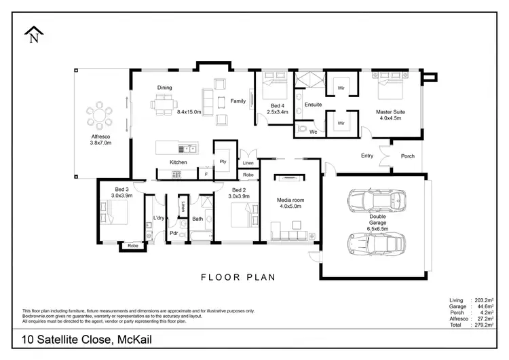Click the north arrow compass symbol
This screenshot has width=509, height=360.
33,35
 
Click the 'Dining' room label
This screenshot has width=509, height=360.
164,88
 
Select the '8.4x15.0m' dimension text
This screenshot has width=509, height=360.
189,112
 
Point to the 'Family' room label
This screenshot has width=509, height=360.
238,101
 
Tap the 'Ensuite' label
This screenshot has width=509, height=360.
313,105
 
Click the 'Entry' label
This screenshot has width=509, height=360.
366,156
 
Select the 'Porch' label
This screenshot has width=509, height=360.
407,156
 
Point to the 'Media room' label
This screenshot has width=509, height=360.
290,200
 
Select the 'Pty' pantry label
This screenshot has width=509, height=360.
223,161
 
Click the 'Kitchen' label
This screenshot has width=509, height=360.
178,162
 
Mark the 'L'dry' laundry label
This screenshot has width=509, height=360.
159,218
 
